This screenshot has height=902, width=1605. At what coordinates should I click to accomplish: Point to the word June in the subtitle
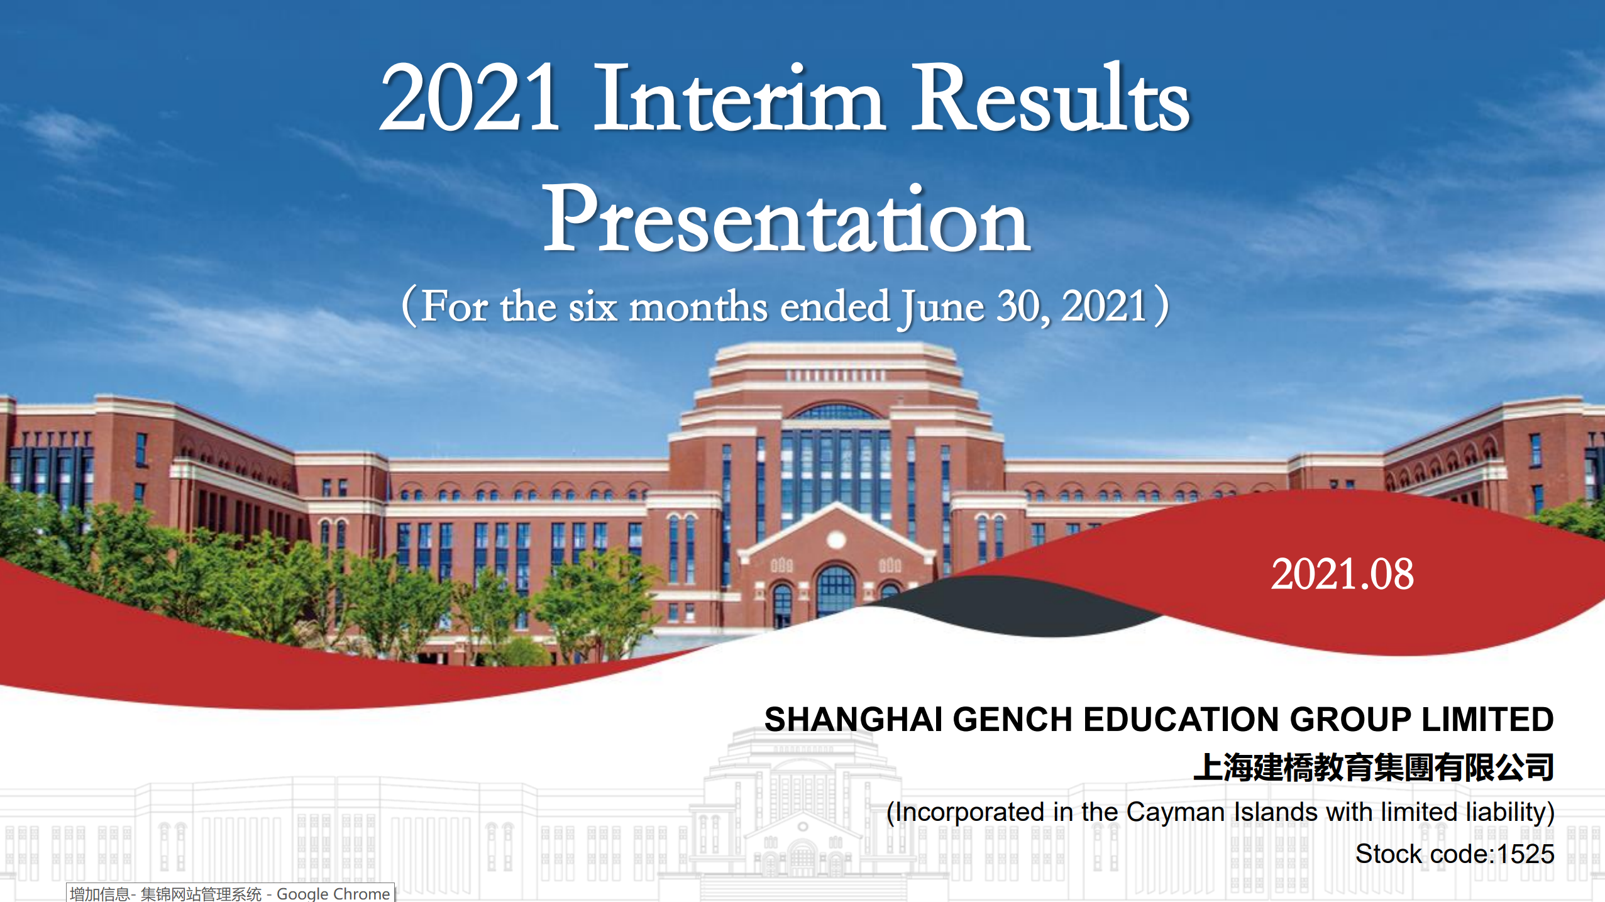(x=942, y=307)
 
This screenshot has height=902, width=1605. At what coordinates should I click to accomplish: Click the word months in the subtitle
(x=698, y=307)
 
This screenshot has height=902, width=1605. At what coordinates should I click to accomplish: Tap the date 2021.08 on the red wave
(x=1342, y=574)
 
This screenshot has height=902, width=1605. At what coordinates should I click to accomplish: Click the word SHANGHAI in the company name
(x=853, y=719)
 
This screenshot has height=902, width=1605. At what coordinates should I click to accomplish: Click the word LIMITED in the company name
(x=1488, y=719)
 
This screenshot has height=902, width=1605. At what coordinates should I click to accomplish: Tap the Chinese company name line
(x=1374, y=767)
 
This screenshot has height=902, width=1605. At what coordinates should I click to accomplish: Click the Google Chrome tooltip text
(x=230, y=893)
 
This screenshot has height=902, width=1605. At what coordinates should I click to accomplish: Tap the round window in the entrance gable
(x=836, y=539)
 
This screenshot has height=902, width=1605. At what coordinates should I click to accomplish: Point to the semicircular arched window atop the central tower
(x=835, y=412)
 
